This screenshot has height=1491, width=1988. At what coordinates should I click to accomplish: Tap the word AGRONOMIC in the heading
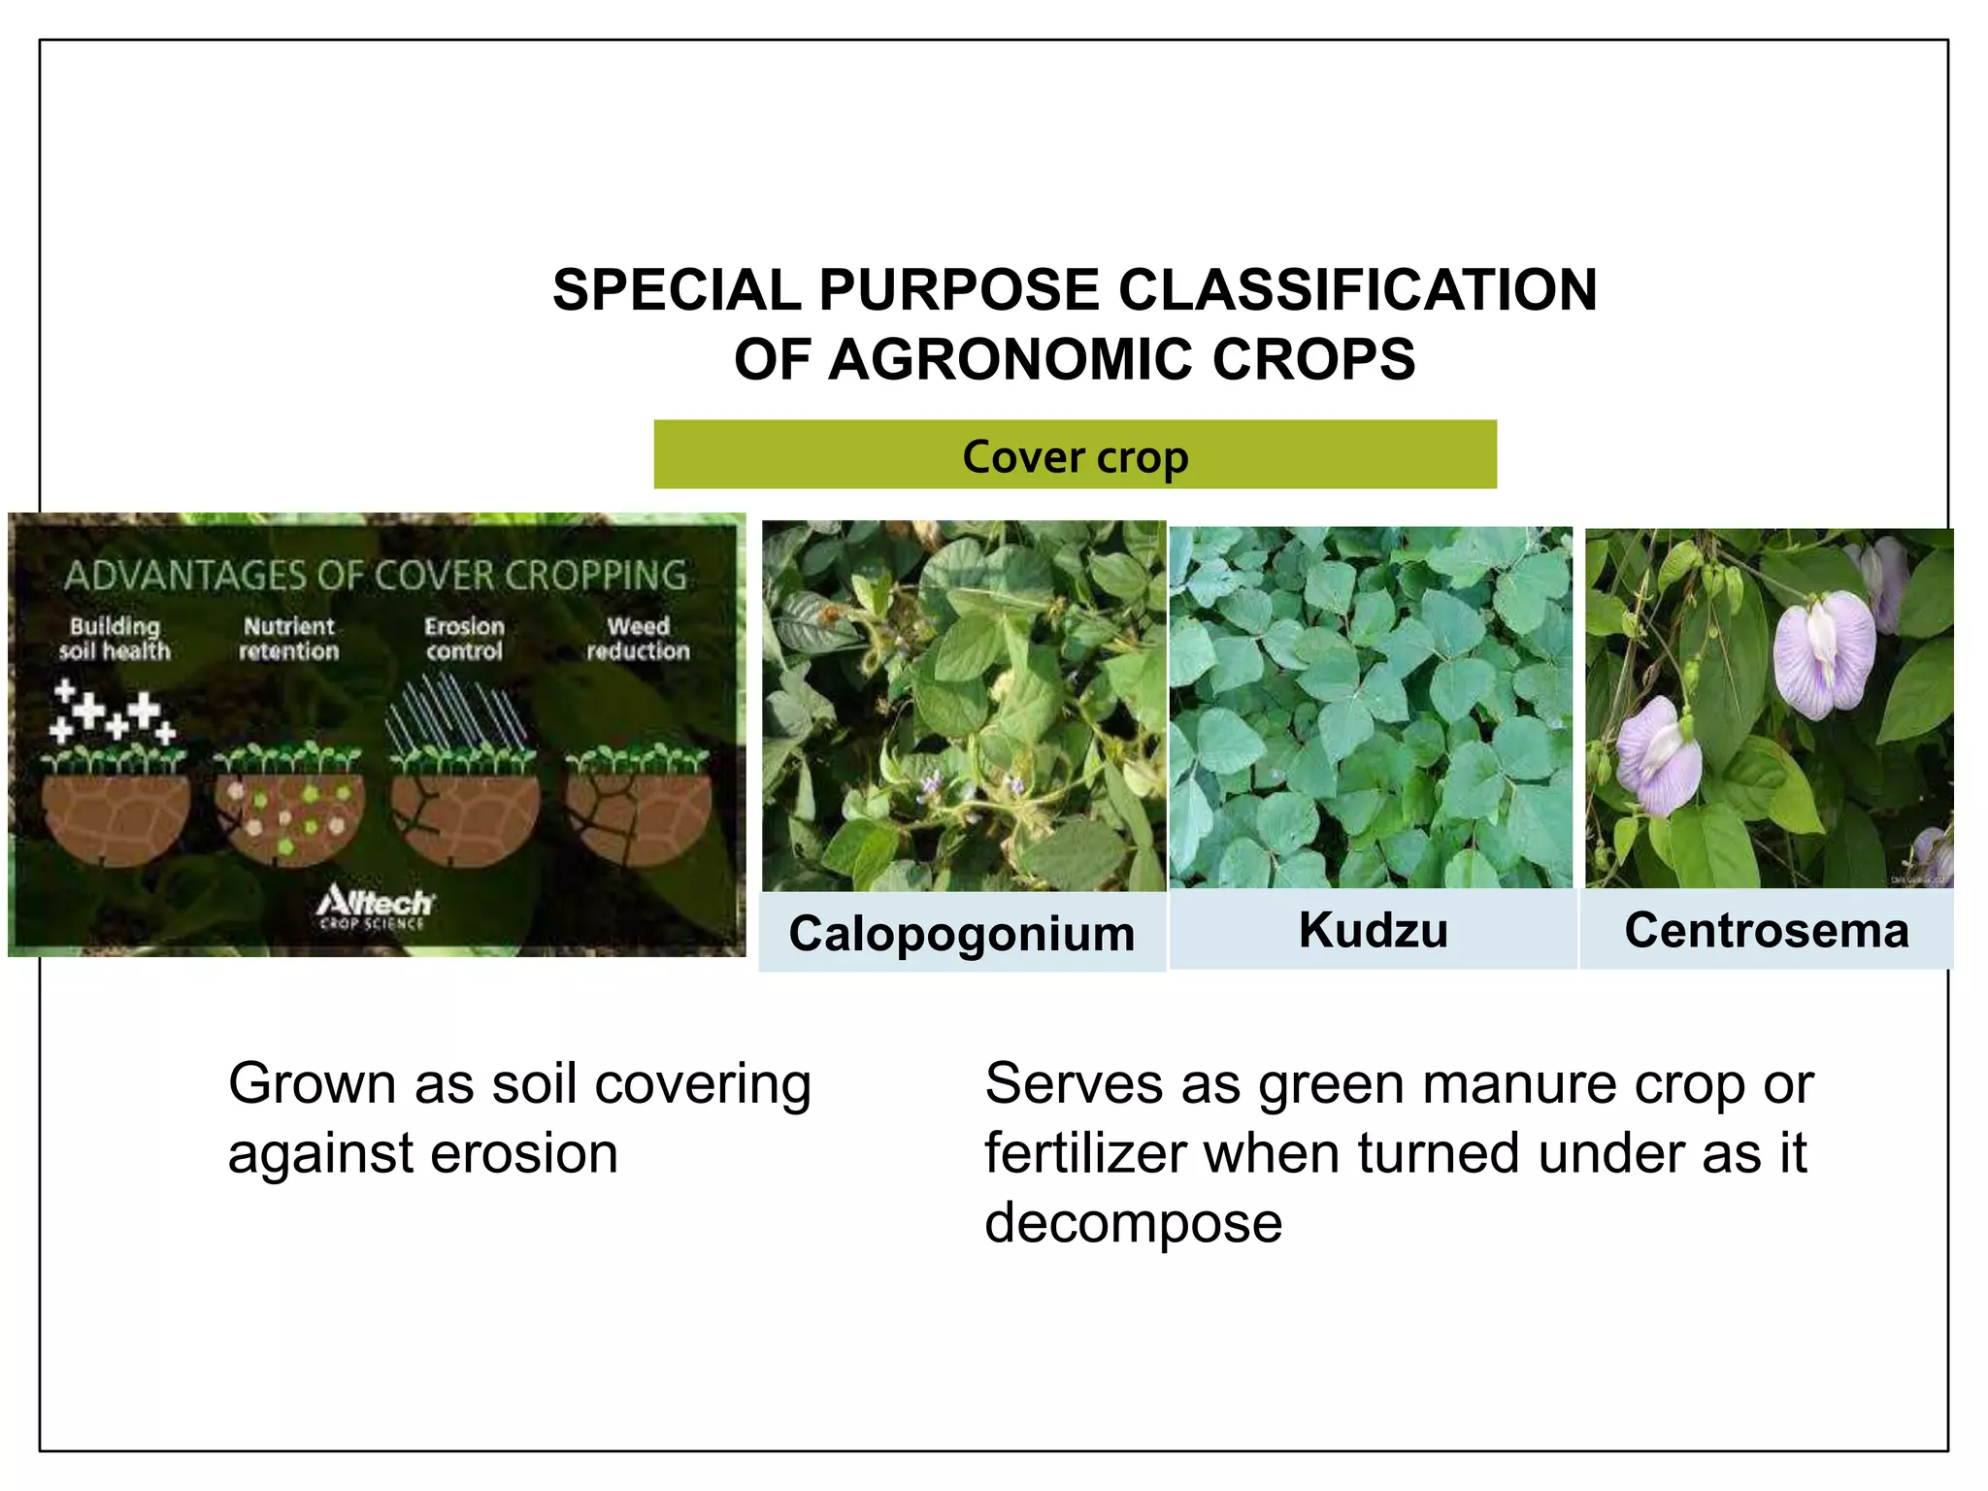click(x=1011, y=359)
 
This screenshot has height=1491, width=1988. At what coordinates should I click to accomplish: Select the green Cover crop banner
click(x=1075, y=455)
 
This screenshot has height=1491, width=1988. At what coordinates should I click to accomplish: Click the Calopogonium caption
click(x=961, y=933)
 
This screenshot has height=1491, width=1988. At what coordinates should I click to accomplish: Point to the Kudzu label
click(x=1373, y=929)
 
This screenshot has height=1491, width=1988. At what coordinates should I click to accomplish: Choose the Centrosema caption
click(x=1766, y=929)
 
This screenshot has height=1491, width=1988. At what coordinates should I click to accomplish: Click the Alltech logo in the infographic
click(x=375, y=906)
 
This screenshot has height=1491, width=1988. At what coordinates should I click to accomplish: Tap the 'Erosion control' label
click(x=464, y=639)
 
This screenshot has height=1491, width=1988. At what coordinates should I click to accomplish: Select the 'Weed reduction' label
click(x=638, y=639)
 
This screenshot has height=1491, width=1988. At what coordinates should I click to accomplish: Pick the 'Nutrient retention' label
click(x=289, y=639)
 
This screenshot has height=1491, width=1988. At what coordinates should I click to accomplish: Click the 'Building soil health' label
click(x=115, y=639)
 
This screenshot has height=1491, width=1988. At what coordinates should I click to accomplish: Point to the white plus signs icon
click(x=112, y=713)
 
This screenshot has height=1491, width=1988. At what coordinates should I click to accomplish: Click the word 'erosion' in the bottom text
click(x=523, y=1153)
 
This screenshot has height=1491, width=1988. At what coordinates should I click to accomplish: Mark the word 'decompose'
click(x=1133, y=1222)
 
